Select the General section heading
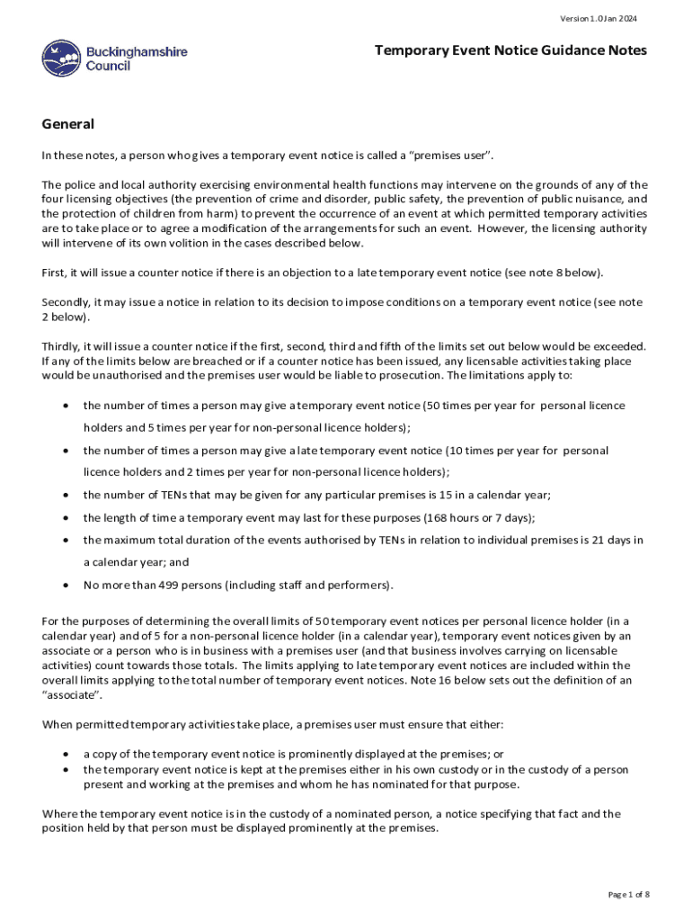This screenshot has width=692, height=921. pyautogui.click(x=68, y=124)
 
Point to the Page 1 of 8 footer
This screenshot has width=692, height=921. pyautogui.click(x=628, y=894)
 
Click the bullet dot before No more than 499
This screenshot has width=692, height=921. pyautogui.click(x=67, y=586)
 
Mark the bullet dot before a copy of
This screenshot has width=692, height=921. pyautogui.click(x=67, y=755)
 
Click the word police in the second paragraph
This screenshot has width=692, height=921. pyautogui.click(x=79, y=184)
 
